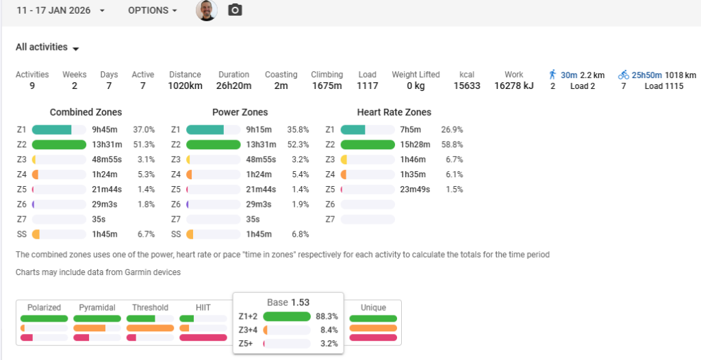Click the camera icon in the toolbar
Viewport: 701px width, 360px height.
click(x=235, y=10)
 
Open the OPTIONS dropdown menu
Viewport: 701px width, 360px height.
click(x=152, y=10)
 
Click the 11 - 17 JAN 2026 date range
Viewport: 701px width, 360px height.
click(x=61, y=10)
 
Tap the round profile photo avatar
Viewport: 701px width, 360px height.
click(x=207, y=10)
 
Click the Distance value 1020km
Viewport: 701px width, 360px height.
click(x=185, y=86)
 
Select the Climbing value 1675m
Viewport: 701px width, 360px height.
click(x=327, y=86)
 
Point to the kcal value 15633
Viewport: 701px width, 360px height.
click(x=467, y=86)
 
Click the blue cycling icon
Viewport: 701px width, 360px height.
click(x=623, y=75)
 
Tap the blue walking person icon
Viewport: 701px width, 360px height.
click(x=553, y=75)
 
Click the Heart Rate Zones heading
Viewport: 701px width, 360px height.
click(x=394, y=112)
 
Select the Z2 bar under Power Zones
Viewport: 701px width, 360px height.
click(x=213, y=144)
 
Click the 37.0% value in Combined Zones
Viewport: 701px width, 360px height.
click(x=144, y=129)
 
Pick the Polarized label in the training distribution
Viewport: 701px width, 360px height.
click(x=44, y=307)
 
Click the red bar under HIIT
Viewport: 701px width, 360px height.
click(x=203, y=337)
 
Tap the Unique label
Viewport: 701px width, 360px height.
click(x=373, y=307)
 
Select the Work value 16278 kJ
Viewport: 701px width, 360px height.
click(x=513, y=86)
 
